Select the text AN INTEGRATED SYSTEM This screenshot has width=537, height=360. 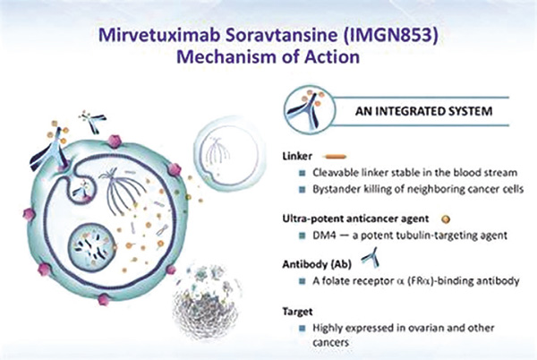coord(423,111)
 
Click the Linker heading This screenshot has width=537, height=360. coord(297,156)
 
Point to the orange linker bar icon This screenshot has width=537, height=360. coord(336,157)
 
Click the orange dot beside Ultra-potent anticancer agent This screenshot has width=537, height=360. coord(446,219)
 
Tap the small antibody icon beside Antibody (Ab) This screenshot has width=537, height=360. coord(371,257)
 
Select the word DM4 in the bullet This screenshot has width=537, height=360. coord(324,236)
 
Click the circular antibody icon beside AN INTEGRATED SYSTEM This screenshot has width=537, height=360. coord(310,110)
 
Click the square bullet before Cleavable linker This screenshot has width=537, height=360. coord(303,174)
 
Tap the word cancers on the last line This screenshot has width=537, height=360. coord(330,342)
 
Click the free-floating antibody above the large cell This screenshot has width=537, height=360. coord(92,122)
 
